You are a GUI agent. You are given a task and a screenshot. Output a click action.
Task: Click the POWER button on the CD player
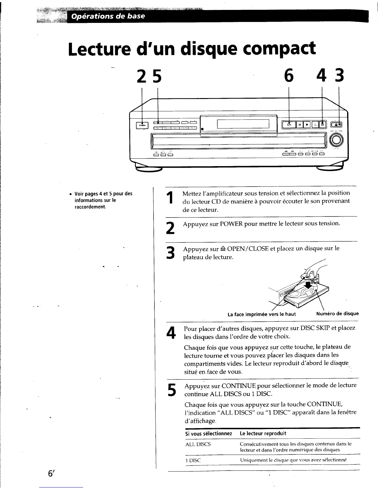click(x=142, y=125)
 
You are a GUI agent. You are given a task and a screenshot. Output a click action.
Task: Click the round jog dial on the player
click(x=336, y=141)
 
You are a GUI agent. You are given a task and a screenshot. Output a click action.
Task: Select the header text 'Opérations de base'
click(x=108, y=16)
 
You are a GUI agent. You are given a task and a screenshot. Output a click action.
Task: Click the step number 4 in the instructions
click(x=171, y=333)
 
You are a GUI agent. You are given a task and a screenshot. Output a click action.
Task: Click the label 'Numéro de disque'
click(x=338, y=313)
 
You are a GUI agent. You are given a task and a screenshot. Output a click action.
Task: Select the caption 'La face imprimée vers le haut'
click(x=262, y=314)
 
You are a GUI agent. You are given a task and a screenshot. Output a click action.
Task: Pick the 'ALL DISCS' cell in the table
click(x=198, y=444)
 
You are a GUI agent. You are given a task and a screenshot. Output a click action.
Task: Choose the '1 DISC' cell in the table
click(x=193, y=460)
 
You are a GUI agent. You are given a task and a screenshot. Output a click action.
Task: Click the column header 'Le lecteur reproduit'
click(x=263, y=433)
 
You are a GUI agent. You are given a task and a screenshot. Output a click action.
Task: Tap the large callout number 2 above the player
click(x=142, y=76)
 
